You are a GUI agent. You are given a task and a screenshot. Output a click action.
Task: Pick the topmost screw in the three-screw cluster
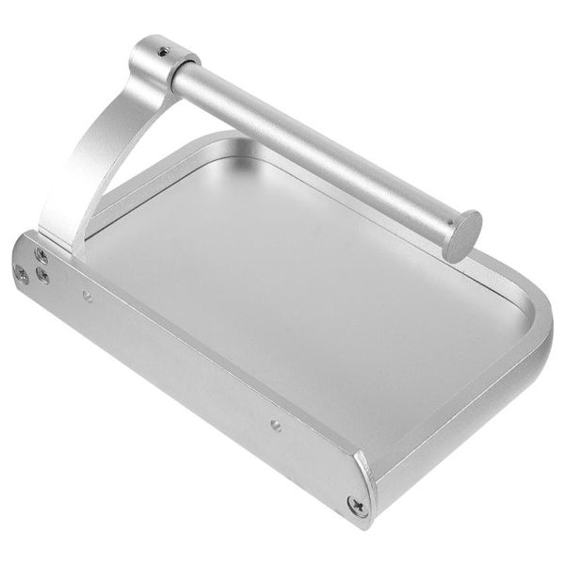coord(41,255)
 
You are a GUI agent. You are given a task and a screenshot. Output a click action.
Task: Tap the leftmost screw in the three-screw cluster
coord(21,272)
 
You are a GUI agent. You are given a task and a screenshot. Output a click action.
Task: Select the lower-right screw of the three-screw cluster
coord(43,277)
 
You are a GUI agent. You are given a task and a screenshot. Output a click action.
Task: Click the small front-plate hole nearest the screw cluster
coord(87,297)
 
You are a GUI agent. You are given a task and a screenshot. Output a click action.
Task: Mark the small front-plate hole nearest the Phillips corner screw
coord(275,425)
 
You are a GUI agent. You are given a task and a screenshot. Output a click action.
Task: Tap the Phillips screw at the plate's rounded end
coord(357,506)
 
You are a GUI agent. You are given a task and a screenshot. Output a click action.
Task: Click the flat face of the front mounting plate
coord(188,377)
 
